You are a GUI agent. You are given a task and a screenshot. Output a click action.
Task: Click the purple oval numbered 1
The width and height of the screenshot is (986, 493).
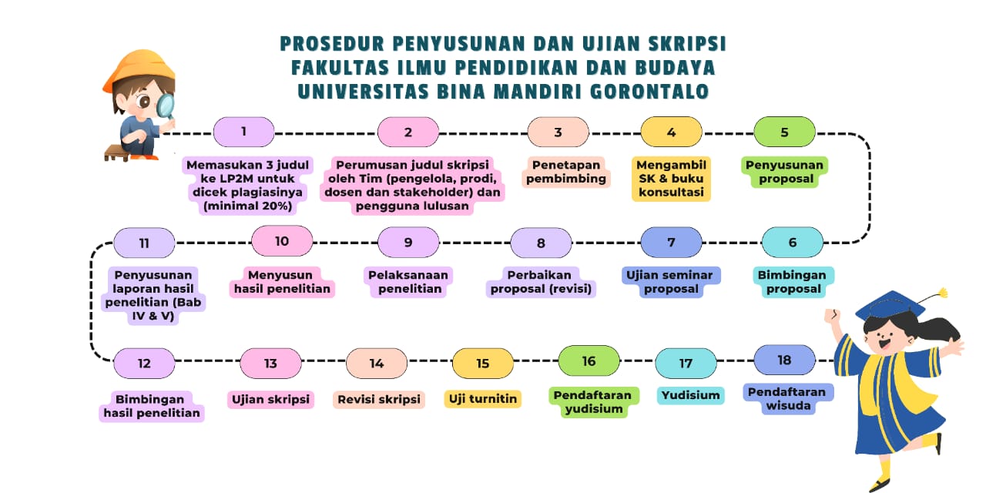pyautogui.click(x=244, y=132)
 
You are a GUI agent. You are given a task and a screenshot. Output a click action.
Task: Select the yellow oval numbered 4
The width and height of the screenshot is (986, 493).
pyautogui.click(x=671, y=132)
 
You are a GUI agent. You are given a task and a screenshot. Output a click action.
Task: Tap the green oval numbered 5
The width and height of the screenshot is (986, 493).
pyautogui.click(x=784, y=132)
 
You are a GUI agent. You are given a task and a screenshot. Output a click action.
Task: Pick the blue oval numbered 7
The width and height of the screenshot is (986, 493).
pyautogui.click(x=671, y=242)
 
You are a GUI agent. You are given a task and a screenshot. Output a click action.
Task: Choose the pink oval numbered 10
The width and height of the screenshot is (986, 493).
pyautogui.click(x=282, y=241)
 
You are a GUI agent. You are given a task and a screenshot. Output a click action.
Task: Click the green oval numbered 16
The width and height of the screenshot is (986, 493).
pyautogui.click(x=589, y=361)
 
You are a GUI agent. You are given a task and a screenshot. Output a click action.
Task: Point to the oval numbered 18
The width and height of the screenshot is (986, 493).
pyautogui.click(x=784, y=360)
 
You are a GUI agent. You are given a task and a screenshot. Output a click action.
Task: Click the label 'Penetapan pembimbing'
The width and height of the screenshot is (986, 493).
pyautogui.click(x=566, y=172)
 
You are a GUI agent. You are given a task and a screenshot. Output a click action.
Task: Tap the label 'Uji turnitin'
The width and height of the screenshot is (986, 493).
pyautogui.click(x=483, y=399)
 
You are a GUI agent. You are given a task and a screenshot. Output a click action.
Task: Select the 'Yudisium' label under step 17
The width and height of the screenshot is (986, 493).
pyautogui.click(x=690, y=395)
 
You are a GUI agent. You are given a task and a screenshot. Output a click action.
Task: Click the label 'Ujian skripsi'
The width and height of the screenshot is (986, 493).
pyautogui.click(x=270, y=400)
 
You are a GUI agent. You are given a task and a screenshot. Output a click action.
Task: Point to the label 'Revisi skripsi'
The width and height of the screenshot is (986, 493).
pyautogui.click(x=379, y=400)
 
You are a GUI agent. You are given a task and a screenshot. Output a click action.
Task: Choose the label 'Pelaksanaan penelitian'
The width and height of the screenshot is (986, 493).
pyautogui.click(x=408, y=282)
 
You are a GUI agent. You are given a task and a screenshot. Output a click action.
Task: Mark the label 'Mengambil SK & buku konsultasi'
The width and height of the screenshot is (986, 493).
pyautogui.click(x=671, y=179)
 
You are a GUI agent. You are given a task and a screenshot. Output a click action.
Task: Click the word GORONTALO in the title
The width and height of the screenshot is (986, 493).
pyautogui.click(x=649, y=92)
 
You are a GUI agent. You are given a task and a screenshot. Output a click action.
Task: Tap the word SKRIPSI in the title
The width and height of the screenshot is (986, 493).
pyautogui.click(x=687, y=44)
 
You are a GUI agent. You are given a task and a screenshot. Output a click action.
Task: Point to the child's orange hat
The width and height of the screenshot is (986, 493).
pyautogui.click(x=140, y=69)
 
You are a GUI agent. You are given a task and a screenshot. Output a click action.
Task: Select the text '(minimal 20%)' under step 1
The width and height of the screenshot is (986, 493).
pyautogui.click(x=248, y=206)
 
